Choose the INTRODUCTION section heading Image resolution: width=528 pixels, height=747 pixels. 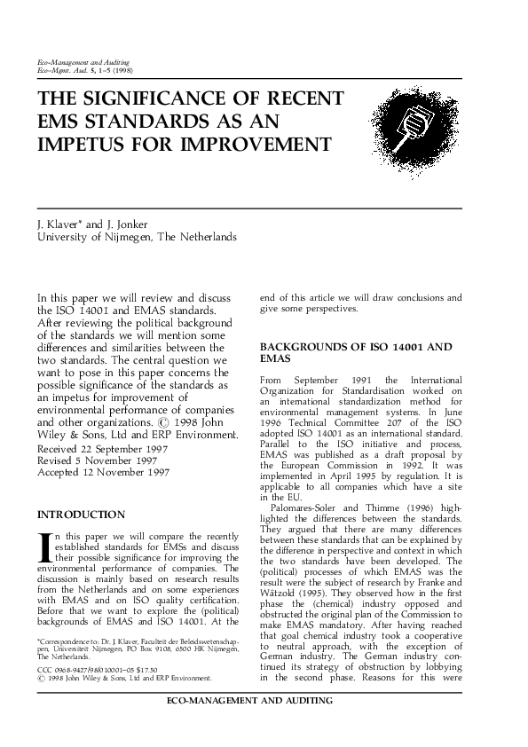pyautogui.click(x=81, y=514)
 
